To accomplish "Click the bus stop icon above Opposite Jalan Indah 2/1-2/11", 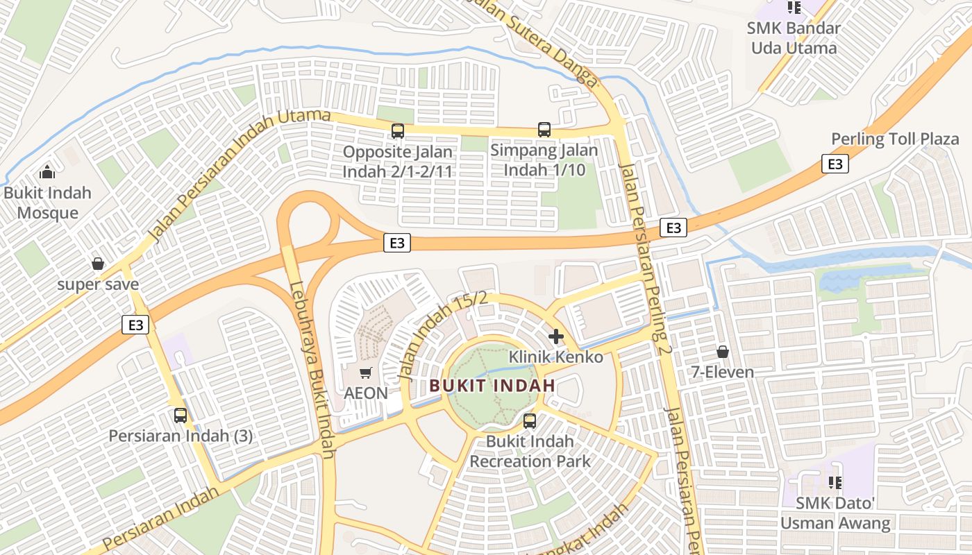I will [398, 130].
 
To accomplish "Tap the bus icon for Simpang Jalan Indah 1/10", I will [544, 130].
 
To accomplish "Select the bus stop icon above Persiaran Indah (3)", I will [181, 416].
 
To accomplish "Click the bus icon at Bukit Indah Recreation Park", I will [530, 420].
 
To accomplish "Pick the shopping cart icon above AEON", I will [366, 373].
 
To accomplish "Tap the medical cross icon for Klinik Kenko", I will [556, 336].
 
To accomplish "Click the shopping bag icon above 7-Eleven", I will [723, 352].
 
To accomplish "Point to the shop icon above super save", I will [98, 264].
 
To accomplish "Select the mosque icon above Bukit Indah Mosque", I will [47, 171].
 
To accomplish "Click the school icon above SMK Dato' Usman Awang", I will [835, 482].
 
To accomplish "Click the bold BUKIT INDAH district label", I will [492, 386].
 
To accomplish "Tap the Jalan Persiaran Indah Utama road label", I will [240, 175].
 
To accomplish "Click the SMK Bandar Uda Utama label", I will [793, 38].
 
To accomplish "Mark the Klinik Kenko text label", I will [556, 357].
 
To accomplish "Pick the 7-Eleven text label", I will [723, 373].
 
